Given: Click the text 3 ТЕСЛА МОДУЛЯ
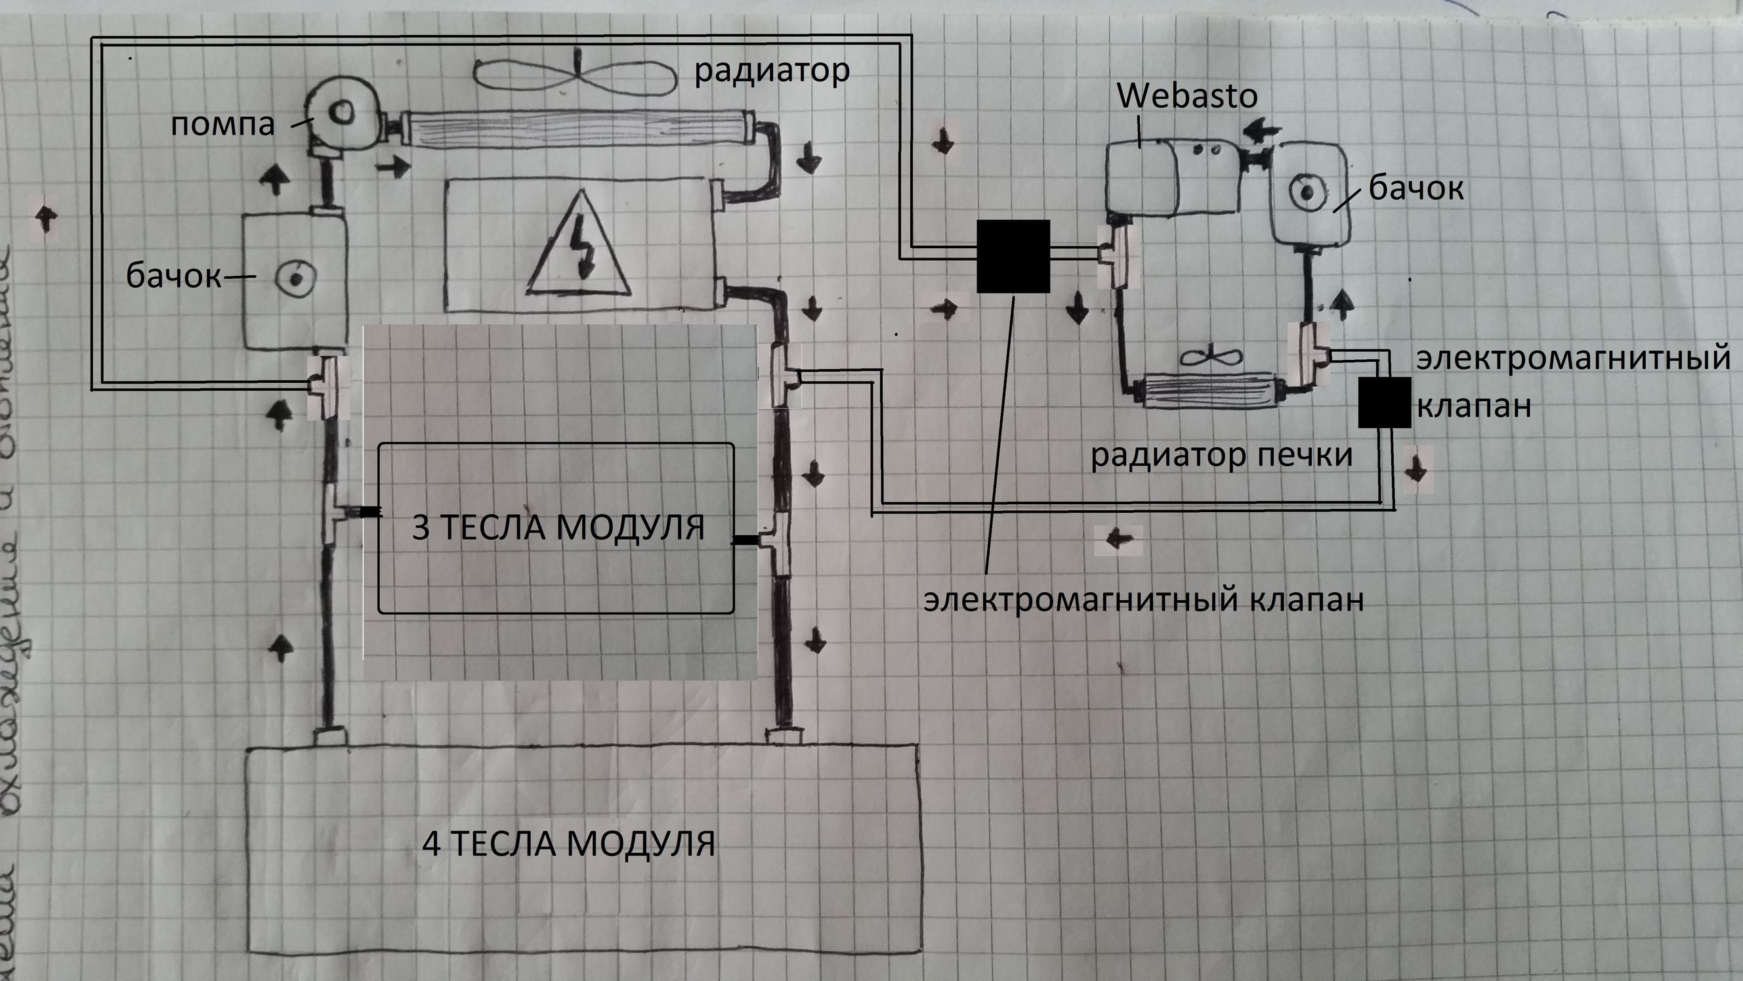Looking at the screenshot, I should [x=558, y=527].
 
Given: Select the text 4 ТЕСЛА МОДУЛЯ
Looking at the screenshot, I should [x=568, y=844].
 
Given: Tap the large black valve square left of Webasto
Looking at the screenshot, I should [x=1013, y=256].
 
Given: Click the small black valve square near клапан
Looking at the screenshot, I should [x=1385, y=402].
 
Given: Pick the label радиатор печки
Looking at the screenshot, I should [x=1221, y=455].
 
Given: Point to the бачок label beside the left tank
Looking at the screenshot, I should [x=173, y=276].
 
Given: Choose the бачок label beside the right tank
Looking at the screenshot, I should [x=1416, y=188].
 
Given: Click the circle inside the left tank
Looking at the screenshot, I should [x=296, y=277].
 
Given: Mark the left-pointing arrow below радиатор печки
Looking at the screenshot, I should [x=1118, y=540].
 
